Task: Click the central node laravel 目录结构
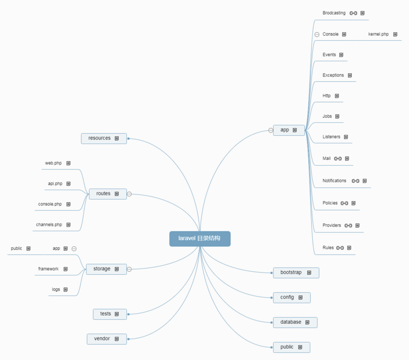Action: click(x=200, y=238)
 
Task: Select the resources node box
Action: click(x=104, y=138)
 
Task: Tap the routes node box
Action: click(x=108, y=194)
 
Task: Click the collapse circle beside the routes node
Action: click(x=129, y=194)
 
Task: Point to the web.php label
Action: click(x=54, y=163)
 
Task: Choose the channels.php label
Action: click(x=49, y=225)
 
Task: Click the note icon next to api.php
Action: click(x=69, y=184)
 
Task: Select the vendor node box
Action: click(x=107, y=339)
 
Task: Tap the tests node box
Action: click(x=110, y=314)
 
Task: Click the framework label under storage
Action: click(x=49, y=269)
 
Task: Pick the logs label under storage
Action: click(x=56, y=290)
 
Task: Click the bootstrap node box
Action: click(x=296, y=273)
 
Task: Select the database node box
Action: click(x=296, y=323)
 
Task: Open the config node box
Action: click(x=292, y=298)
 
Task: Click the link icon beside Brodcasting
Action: click(x=353, y=13)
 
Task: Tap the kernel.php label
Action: click(x=378, y=34)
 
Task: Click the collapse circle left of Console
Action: click(x=317, y=34)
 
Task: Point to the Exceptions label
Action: click(x=333, y=75)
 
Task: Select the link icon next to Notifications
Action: click(x=355, y=181)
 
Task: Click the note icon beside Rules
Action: click(x=349, y=248)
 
